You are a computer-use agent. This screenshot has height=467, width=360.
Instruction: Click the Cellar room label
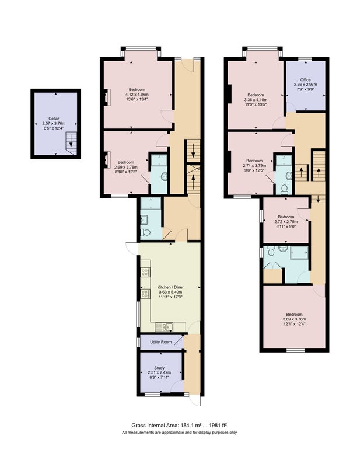coord(54,119)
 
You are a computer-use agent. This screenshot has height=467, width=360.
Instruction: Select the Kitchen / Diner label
coord(170,287)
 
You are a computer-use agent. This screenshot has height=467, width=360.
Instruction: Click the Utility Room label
coord(161,342)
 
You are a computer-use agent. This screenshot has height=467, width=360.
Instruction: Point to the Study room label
coord(159,368)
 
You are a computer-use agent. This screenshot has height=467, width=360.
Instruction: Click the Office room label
coord(306,80)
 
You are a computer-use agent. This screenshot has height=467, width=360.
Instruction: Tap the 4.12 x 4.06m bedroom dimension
coord(137,95)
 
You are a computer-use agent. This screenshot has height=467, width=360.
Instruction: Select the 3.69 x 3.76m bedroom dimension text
coord(294,319)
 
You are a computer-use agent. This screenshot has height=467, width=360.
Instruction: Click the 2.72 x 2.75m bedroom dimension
coord(286,222)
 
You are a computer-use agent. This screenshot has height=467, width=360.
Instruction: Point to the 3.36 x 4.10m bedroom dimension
coord(256,100)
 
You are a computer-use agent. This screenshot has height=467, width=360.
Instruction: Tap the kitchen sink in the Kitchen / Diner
coord(164,327)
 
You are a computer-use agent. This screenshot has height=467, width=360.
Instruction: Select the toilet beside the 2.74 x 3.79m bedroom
coord(284,189)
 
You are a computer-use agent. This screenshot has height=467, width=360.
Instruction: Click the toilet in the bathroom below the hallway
coord(145,232)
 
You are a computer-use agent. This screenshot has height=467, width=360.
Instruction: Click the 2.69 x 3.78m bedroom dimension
coord(125,167)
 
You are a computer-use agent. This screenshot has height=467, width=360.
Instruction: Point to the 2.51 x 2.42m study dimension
coord(159,372)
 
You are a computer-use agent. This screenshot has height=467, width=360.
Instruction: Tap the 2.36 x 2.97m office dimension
coord(306,84)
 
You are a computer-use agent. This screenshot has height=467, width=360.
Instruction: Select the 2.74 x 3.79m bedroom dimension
coord(254,166)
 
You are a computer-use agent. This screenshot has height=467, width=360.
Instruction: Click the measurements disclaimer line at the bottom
coord(180,433)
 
